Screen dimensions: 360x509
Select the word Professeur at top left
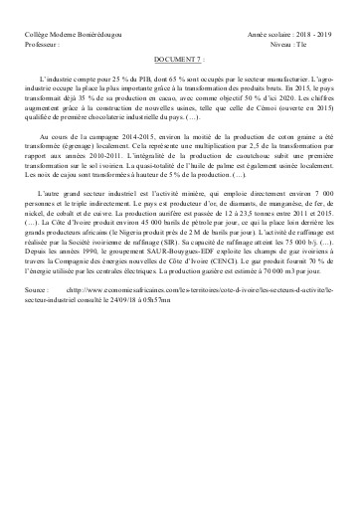click(42, 45)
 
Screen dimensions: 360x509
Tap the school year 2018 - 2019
click(309, 34)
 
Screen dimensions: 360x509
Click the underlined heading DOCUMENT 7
click(177, 60)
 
